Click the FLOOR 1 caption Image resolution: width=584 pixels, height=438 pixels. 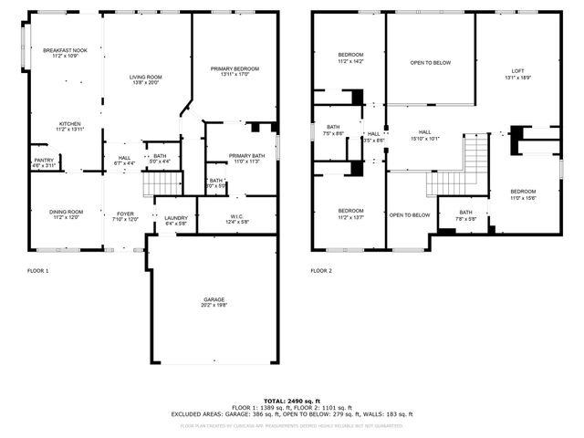coord(38,271)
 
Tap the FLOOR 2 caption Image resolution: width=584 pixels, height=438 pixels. coord(321,271)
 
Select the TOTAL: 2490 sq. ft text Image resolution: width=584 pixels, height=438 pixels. coord(291,401)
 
